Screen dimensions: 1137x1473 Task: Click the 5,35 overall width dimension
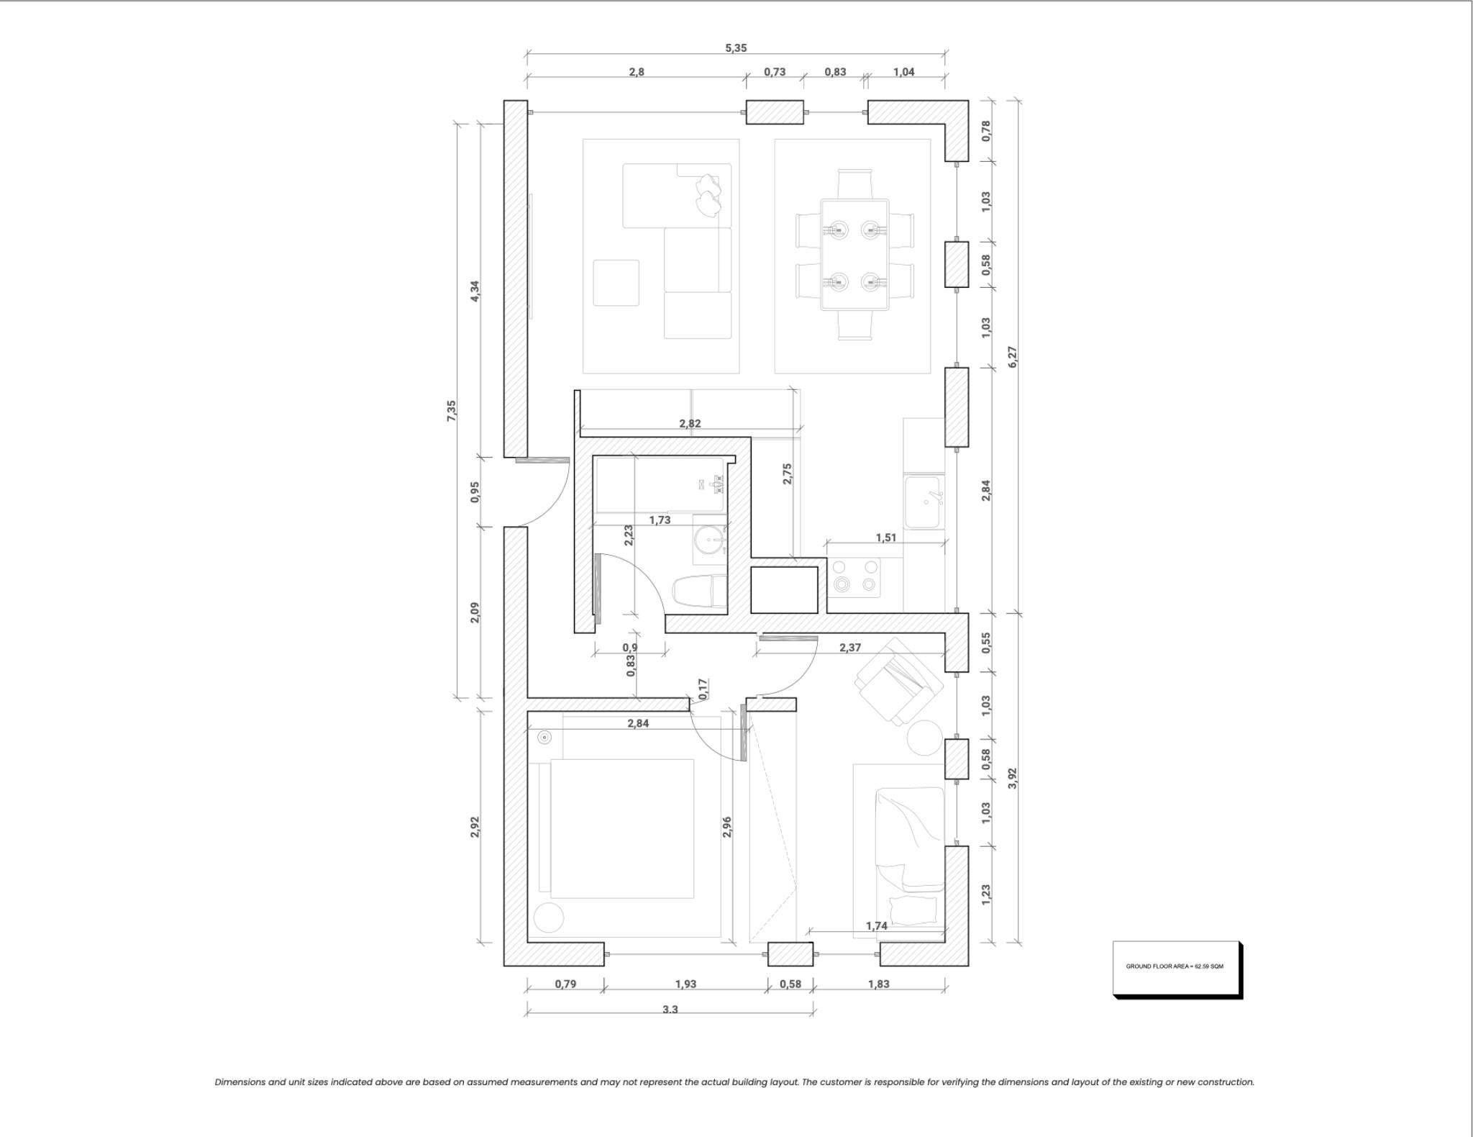(x=735, y=48)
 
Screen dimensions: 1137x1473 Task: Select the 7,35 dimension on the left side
(x=452, y=410)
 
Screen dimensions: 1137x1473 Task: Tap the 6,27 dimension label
(x=1013, y=356)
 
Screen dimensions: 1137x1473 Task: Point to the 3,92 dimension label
(x=1013, y=777)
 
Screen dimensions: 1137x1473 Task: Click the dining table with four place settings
(x=854, y=255)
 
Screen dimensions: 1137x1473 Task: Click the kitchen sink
(x=924, y=502)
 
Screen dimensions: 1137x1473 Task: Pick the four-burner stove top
(x=854, y=577)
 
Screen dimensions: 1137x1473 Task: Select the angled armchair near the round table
(x=898, y=681)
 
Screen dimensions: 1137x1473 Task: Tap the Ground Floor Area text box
(x=1176, y=966)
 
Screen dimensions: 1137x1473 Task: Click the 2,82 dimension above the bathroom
(x=689, y=424)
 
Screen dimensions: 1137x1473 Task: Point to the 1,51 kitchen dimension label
(x=885, y=538)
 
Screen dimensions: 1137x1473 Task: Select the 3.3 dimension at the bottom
(x=670, y=1009)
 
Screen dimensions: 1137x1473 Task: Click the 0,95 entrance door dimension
(x=475, y=492)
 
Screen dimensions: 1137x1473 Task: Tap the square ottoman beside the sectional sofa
(x=616, y=283)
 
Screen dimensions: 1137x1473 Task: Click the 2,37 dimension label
(x=849, y=648)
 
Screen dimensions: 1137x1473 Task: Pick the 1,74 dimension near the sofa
(x=876, y=926)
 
